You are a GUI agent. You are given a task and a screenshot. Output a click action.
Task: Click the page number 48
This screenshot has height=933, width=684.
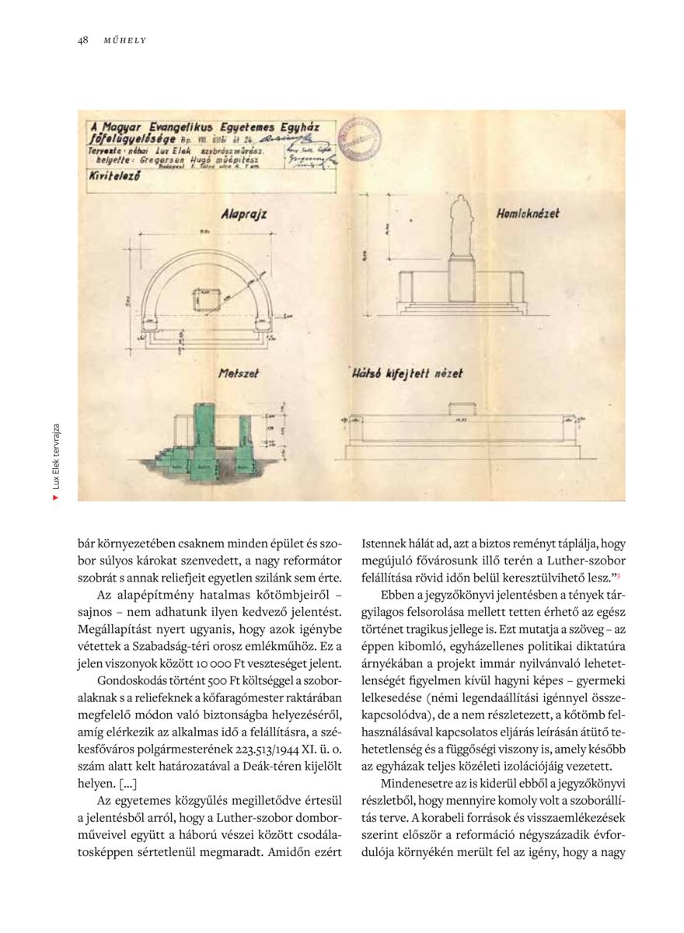pos(82,40)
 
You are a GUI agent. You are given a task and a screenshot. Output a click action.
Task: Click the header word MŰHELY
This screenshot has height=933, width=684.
pos(125,40)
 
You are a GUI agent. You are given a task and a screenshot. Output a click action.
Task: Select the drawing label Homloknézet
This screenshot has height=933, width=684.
pos(527,212)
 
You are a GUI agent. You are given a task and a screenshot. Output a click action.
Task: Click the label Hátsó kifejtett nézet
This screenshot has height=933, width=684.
pos(407,373)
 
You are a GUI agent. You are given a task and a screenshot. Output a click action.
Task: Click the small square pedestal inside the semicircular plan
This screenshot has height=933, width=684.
pos(207,299)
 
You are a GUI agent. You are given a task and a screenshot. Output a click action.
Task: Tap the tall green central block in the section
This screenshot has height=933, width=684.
pos(204,439)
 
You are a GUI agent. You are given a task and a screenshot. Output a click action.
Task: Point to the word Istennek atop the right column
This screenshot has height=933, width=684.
pos(388,543)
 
